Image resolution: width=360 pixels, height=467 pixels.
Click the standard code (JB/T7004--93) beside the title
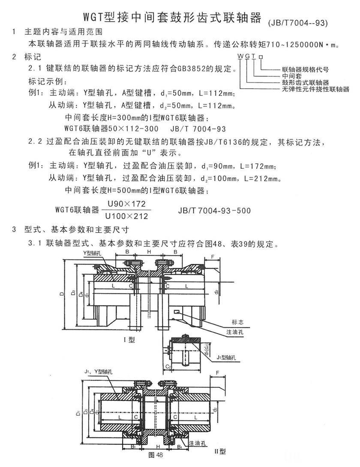point(298,23)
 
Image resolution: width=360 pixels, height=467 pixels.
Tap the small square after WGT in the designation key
point(261,57)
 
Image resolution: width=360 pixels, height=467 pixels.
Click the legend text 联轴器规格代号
point(306,70)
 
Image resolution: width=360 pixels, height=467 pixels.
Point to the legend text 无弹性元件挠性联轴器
point(315,89)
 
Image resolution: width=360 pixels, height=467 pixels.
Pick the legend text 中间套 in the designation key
point(292,76)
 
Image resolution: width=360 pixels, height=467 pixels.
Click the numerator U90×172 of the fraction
point(127,204)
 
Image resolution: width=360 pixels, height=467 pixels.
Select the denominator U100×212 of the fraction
point(127,216)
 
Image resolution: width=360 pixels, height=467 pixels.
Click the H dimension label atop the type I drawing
point(149,252)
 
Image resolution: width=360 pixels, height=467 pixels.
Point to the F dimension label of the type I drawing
point(213,257)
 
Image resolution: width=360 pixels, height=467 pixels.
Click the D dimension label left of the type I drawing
point(62,293)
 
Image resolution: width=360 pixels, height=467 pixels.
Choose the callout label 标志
point(237,322)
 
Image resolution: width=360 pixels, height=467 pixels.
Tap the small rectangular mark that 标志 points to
point(176,312)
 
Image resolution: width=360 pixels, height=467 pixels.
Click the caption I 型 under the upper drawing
point(129,339)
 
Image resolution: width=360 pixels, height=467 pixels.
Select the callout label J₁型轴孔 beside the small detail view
point(226,357)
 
